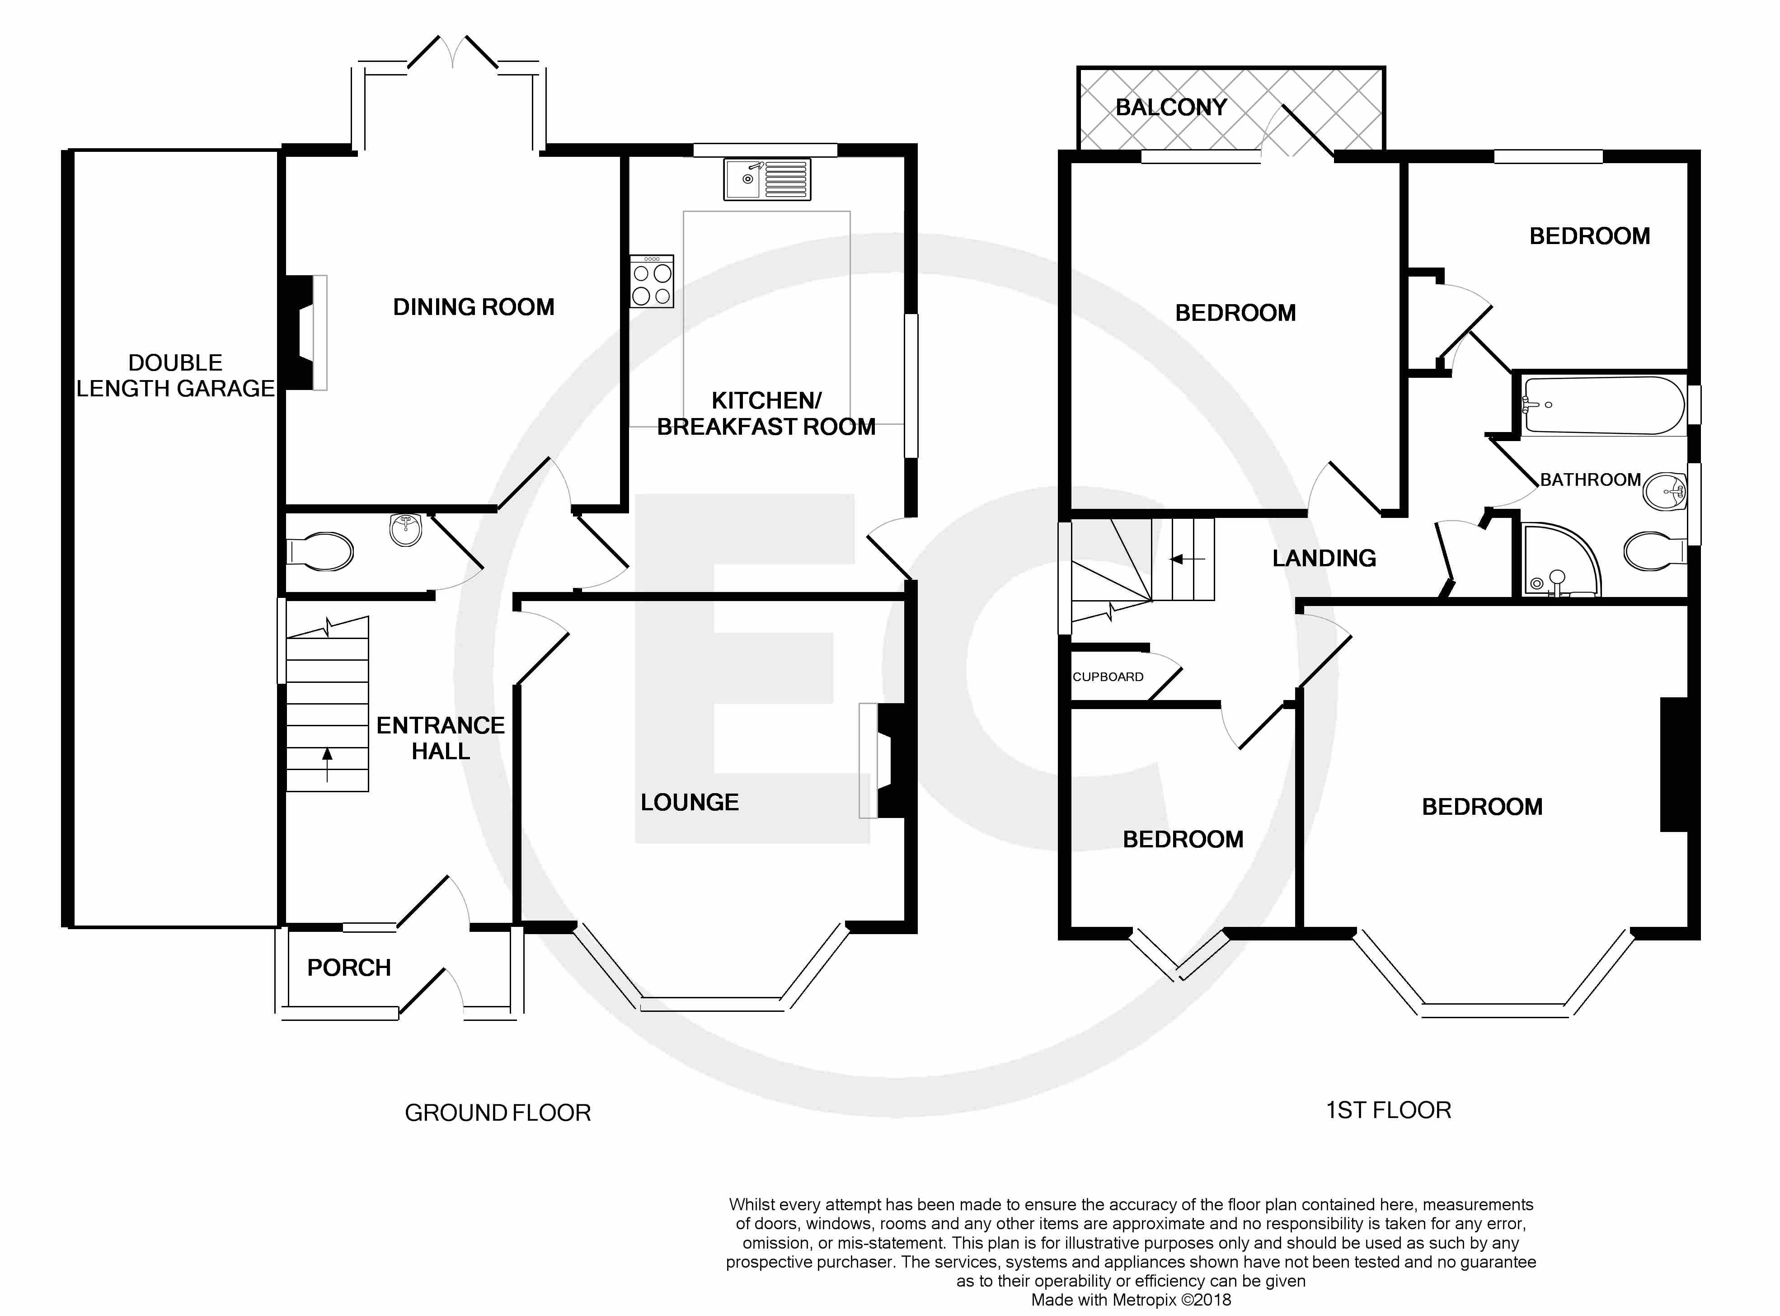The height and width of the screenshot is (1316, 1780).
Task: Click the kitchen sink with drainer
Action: pos(767,179)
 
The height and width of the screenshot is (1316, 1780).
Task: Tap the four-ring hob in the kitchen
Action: pos(652,281)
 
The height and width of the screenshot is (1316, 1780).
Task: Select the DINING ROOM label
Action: pos(474,307)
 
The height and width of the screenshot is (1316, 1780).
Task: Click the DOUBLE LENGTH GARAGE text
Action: pos(175,375)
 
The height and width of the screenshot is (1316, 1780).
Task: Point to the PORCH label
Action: pos(349,968)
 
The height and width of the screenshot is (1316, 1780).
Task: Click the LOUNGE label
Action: pos(690,802)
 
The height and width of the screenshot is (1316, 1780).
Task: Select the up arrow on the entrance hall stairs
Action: pos(327,765)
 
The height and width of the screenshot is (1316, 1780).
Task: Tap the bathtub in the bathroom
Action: pos(1603,405)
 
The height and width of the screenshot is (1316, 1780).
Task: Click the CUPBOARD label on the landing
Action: pos(1108,677)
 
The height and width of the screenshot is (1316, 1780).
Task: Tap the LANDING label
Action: pos(1324,559)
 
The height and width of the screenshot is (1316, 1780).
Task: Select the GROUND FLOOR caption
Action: pos(498,1113)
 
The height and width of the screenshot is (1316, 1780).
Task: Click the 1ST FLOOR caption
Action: pos(1388,1110)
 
